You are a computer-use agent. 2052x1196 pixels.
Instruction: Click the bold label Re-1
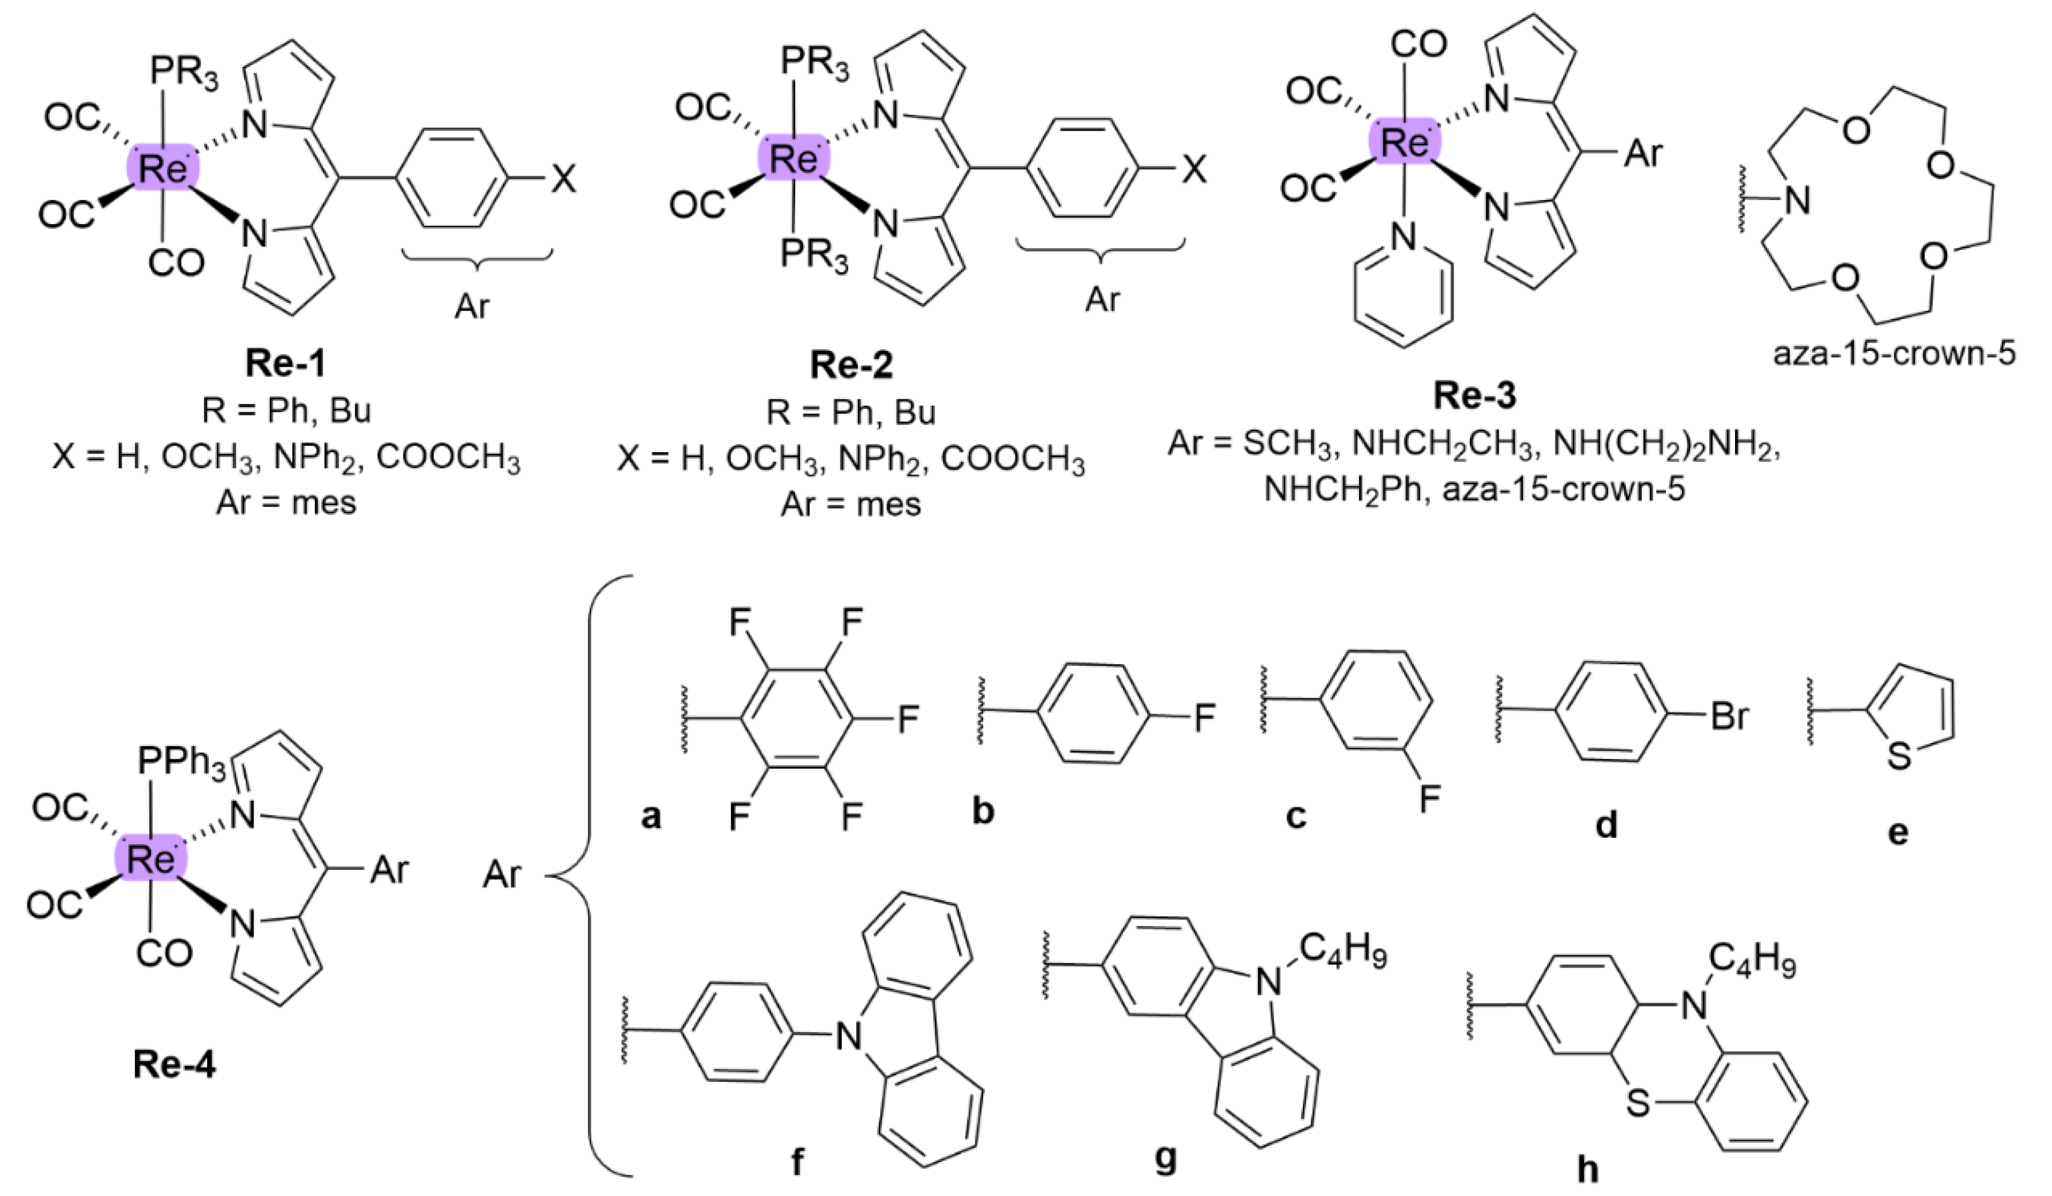[285, 364]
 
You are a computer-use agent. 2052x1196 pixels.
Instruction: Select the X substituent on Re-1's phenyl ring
[562, 180]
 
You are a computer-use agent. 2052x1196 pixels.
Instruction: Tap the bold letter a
[651, 814]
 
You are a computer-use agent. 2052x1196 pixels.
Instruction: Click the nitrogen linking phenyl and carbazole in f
[849, 1036]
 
